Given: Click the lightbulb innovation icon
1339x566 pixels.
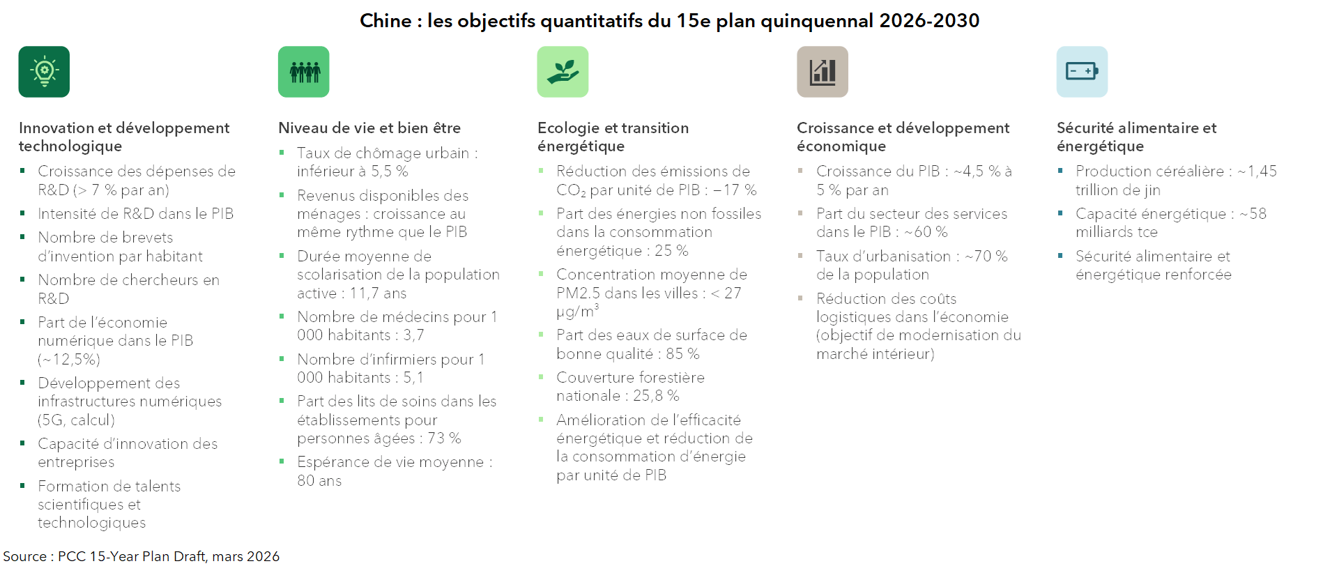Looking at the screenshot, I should [44, 72].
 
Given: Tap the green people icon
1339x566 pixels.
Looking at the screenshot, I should [304, 72].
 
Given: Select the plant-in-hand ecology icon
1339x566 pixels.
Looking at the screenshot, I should [563, 72].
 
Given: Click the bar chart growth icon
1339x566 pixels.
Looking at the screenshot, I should [822, 72].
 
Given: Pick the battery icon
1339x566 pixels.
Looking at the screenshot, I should [1082, 72].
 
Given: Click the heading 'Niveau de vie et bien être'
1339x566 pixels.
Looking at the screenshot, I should [369, 128].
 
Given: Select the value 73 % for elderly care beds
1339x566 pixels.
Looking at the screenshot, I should [444, 438].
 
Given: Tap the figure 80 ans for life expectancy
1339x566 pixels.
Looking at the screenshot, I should [319, 481].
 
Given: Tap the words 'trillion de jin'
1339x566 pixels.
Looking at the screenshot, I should [1117, 190].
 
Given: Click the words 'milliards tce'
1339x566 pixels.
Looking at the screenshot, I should [1116, 232].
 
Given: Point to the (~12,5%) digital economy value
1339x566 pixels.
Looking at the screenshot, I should [69, 360].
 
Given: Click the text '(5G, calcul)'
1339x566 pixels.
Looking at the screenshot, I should [76, 420].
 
